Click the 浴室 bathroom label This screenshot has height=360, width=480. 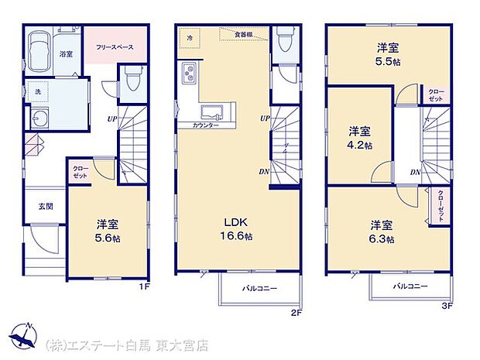click(x=66, y=54)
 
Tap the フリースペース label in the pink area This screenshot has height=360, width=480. click(x=115, y=47)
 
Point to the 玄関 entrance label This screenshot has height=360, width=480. click(x=46, y=207)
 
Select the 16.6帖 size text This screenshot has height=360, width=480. click(x=237, y=236)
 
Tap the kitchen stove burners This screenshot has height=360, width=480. click(x=188, y=76)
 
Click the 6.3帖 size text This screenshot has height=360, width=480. click(x=381, y=239)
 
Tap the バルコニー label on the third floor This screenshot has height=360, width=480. click(x=410, y=285)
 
